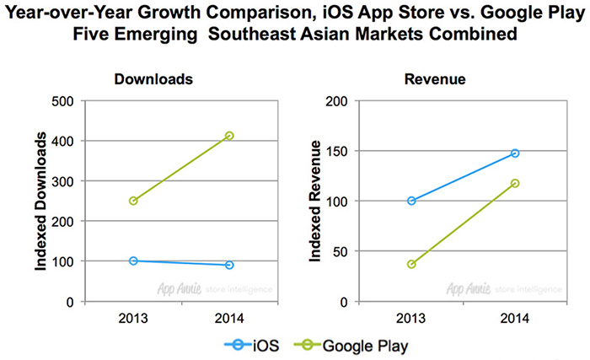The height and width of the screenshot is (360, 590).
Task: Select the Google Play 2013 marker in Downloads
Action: tap(133, 201)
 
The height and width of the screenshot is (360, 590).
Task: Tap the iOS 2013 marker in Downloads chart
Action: tap(133, 261)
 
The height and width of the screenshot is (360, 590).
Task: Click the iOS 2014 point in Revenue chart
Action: tap(515, 153)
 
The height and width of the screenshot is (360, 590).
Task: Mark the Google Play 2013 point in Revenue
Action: tap(411, 264)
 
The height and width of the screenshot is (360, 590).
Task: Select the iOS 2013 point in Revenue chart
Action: tap(411, 201)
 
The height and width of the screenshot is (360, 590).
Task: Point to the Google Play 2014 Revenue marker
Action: tap(515, 183)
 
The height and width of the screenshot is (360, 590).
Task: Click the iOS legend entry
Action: tap(249, 345)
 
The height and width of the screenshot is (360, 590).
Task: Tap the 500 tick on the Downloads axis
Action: tap(63, 101)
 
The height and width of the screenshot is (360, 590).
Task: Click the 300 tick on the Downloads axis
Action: tap(63, 181)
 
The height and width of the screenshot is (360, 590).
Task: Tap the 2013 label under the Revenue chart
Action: tap(411, 318)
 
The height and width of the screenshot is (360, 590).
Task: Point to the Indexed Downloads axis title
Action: tap(39, 201)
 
